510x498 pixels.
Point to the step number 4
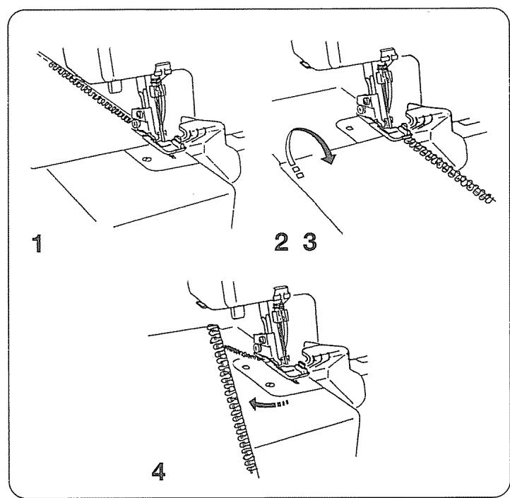point(160,468)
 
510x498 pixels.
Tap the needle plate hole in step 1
point(146,160)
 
